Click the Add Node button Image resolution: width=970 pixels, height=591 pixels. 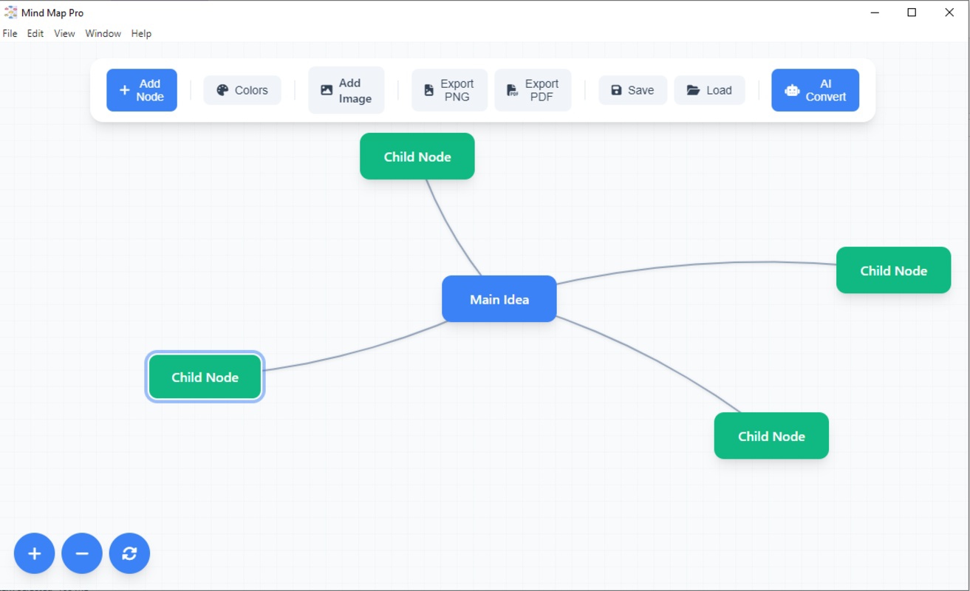[141, 90]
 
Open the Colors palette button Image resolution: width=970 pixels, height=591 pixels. [242, 90]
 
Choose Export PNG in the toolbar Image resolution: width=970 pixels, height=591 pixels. [449, 90]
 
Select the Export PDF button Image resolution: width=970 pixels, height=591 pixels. [532, 90]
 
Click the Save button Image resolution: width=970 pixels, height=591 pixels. [632, 90]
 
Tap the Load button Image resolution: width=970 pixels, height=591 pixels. [708, 90]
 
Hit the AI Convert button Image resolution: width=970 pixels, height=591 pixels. [815, 90]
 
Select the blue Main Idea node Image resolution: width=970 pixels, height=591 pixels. [499, 299]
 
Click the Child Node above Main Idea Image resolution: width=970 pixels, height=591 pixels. [417, 157]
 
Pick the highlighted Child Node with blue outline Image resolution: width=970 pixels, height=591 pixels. [205, 377]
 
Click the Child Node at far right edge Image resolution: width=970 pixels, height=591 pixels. [893, 270]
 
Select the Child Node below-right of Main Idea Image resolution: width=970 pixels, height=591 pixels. [771, 436]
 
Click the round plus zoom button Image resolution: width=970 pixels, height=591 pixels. [34, 553]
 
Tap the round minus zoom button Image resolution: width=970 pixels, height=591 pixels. [81, 553]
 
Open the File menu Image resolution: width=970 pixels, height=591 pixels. [10, 33]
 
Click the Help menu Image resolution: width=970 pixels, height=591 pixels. [141, 33]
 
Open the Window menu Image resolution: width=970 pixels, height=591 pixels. [103, 33]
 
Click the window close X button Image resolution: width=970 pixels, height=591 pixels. [949, 13]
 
